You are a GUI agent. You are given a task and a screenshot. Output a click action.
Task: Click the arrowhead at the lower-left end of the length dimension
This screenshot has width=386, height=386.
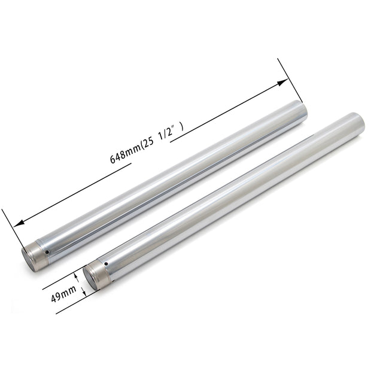(19, 223)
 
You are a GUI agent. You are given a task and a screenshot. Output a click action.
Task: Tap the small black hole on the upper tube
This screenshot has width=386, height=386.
(47, 252)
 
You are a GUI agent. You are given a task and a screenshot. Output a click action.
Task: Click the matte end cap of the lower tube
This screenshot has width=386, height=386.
(96, 275)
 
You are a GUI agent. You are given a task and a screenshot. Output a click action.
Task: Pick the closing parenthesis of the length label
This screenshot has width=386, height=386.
(182, 127)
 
